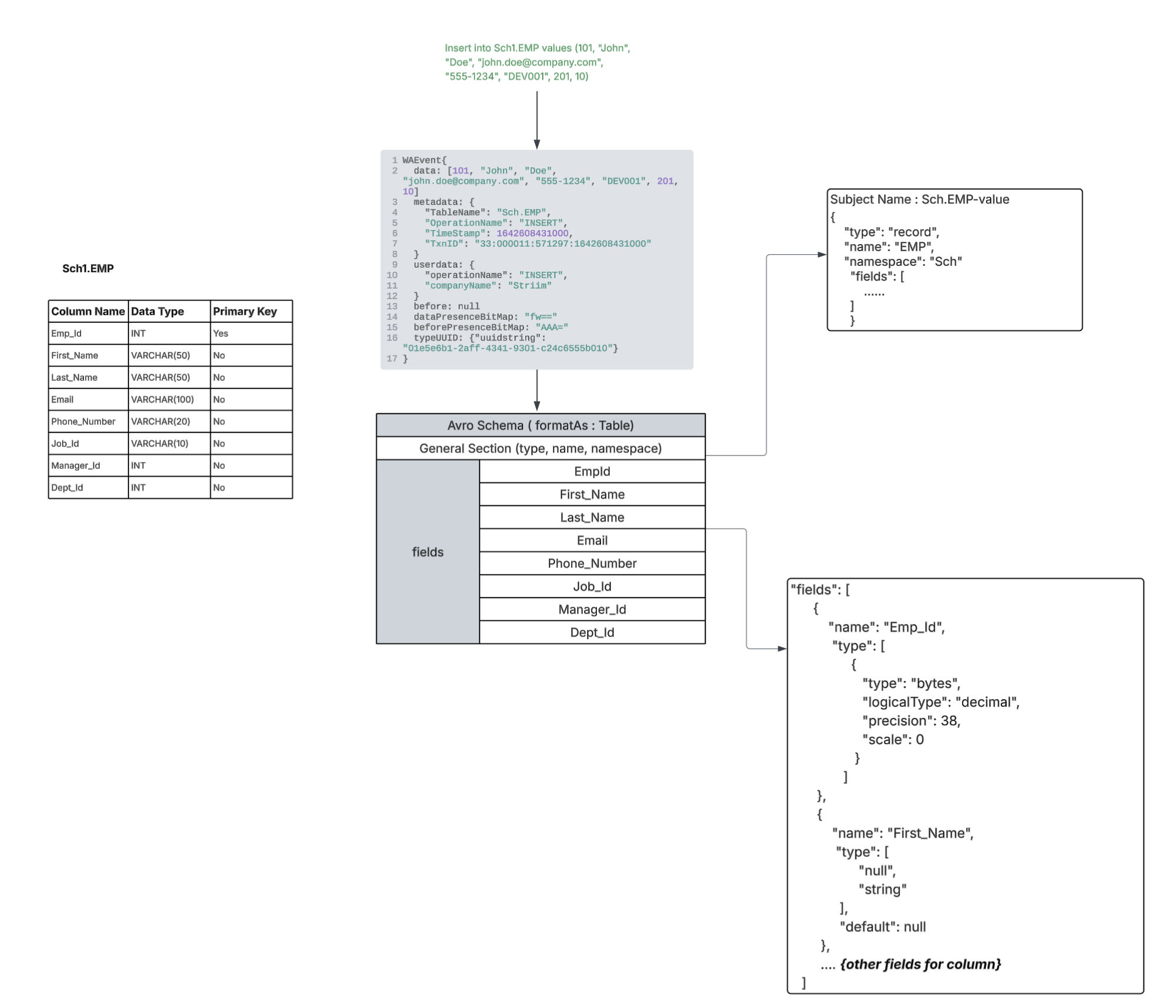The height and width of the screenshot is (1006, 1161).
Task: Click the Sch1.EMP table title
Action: coord(88,268)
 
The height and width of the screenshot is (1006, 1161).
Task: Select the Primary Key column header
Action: coord(245,311)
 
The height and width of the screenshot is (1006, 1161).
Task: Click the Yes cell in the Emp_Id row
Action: coord(221,333)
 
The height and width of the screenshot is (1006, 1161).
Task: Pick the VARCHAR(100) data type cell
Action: coord(163,399)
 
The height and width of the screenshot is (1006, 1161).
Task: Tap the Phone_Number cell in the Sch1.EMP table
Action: coord(83,421)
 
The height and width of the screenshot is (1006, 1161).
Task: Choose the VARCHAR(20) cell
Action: coord(160,421)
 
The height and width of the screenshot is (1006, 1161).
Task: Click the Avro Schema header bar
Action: coord(540,425)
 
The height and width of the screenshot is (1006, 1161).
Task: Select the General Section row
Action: coord(540,448)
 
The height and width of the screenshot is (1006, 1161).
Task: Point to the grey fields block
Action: coord(427,552)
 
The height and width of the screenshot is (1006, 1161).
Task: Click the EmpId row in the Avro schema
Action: coord(592,471)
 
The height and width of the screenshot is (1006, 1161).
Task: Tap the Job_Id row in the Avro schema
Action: coord(592,586)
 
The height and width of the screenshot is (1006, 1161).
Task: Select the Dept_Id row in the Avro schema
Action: coord(592,632)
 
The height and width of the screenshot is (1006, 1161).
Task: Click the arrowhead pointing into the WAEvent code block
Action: coord(536,144)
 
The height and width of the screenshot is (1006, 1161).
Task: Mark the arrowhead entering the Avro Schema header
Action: coord(536,406)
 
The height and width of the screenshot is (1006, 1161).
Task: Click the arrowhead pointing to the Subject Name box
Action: coord(822,255)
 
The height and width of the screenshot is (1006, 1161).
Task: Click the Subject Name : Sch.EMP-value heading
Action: coord(919,200)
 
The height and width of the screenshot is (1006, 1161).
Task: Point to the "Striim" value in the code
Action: coord(529,286)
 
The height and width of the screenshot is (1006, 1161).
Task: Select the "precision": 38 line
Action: coord(911,721)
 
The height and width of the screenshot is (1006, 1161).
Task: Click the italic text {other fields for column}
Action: coord(920,964)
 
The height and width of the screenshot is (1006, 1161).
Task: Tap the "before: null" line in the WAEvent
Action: coord(446,306)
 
